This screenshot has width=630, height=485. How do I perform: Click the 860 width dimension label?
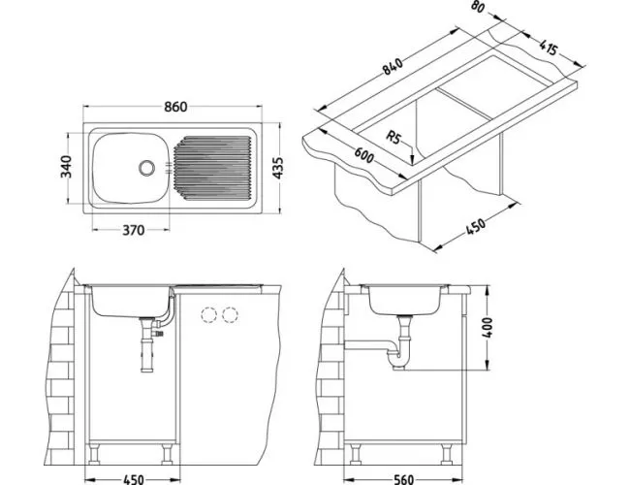point(175,107)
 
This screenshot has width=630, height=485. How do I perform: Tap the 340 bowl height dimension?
point(66,167)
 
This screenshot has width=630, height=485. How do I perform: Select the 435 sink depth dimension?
point(278,168)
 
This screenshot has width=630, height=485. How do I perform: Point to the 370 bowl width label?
point(133,230)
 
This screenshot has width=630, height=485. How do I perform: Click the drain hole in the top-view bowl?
point(146,168)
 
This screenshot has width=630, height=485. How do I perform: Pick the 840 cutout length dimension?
point(392,67)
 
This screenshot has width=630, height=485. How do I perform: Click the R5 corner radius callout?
point(394,138)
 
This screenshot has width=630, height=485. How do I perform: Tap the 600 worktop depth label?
point(364,155)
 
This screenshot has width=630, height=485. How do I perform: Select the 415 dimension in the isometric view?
point(548,48)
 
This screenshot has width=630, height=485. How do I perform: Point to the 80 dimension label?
point(477,7)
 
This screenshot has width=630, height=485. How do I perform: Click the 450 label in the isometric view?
point(476,226)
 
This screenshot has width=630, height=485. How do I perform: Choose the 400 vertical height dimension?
point(487,328)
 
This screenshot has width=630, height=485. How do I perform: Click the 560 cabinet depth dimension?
point(402,479)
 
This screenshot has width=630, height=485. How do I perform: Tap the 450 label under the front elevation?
point(133,479)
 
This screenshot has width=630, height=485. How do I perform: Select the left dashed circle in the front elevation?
point(209,315)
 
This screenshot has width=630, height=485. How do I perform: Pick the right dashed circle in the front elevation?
point(230,315)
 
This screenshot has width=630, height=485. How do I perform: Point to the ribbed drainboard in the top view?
point(213,168)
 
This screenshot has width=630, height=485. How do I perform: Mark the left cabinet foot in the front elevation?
point(94,454)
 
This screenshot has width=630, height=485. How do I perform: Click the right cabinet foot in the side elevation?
point(446,454)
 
